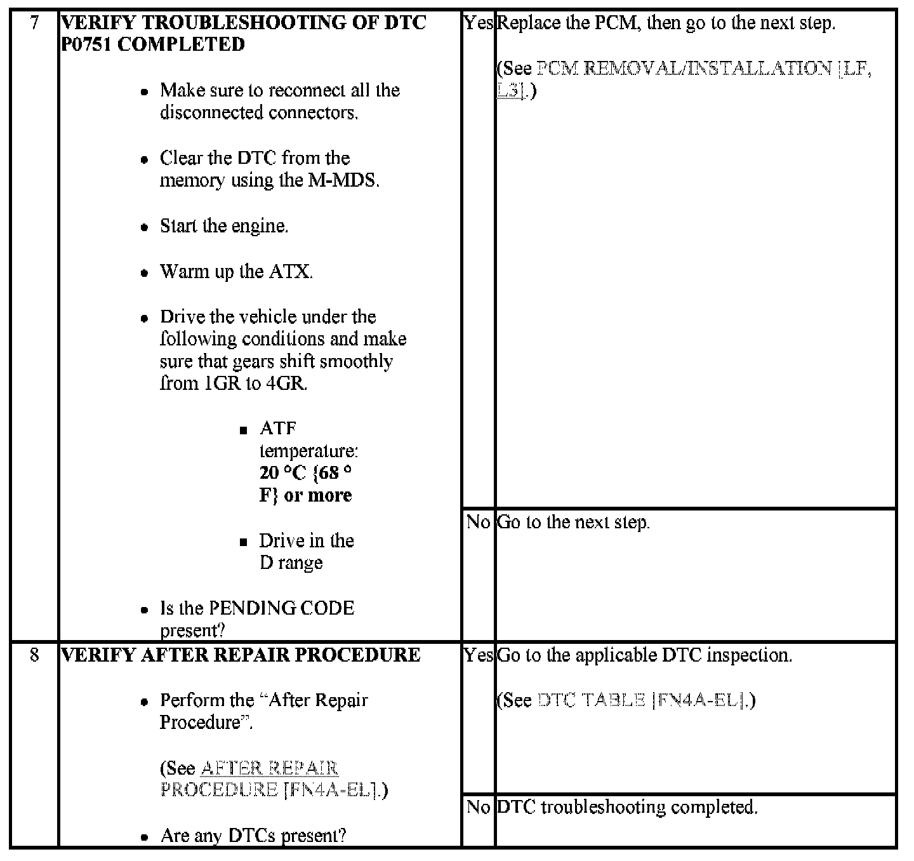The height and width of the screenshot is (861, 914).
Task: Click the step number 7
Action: pyautogui.click(x=34, y=23)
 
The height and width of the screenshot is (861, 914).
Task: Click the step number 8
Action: pyautogui.click(x=34, y=655)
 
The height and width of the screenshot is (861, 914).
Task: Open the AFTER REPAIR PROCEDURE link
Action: pyautogui.click(x=269, y=768)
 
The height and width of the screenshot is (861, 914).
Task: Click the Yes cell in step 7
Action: pyautogui.click(x=478, y=23)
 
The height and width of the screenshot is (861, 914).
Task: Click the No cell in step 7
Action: pyautogui.click(x=478, y=523)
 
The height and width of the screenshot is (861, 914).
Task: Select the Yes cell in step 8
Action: pyautogui.click(x=478, y=655)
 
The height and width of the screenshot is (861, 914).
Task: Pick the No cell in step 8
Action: pyautogui.click(x=478, y=808)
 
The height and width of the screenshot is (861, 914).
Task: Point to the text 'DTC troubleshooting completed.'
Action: pyautogui.click(x=627, y=808)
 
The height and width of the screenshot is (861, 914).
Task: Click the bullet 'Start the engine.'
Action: pyautogui.click(x=224, y=227)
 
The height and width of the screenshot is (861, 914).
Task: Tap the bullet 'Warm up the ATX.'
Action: pyautogui.click(x=236, y=272)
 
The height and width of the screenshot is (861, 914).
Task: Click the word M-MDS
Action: pyautogui.click(x=343, y=181)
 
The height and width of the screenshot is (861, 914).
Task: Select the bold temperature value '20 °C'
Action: pyautogui.click(x=283, y=473)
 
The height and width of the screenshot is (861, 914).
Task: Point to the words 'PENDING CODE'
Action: pyautogui.click(x=281, y=608)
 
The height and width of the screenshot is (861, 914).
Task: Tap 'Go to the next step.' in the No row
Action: pyautogui.click(x=573, y=523)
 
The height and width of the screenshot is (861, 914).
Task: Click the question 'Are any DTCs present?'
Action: pyautogui.click(x=253, y=836)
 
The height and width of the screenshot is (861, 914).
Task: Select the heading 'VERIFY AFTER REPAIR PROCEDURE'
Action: pyautogui.click(x=241, y=655)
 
